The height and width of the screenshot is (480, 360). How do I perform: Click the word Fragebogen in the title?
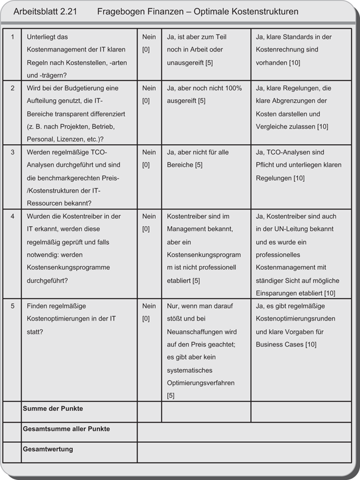tap(119, 12)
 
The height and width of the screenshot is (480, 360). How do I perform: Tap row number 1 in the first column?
tap(12, 37)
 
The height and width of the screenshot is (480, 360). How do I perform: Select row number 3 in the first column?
tap(12, 152)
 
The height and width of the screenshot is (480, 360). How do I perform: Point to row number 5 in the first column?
tap(12, 305)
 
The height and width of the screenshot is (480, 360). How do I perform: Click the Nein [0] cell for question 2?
tap(148, 95)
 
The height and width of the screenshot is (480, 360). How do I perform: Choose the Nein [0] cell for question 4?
tap(148, 222)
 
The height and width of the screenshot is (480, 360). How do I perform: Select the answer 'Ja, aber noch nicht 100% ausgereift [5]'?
tap(204, 95)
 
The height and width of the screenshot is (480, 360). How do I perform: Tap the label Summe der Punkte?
tap(53, 409)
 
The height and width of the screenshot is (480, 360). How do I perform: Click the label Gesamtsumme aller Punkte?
tap(66, 429)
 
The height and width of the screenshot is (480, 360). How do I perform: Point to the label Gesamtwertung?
tap(48, 449)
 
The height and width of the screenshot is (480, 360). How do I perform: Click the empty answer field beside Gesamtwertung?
tap(244, 452)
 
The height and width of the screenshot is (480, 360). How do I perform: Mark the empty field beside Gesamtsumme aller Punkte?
tap(244, 432)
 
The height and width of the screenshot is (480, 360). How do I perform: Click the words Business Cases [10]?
tap(287, 344)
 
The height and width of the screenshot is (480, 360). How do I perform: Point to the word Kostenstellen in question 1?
tap(94, 62)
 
